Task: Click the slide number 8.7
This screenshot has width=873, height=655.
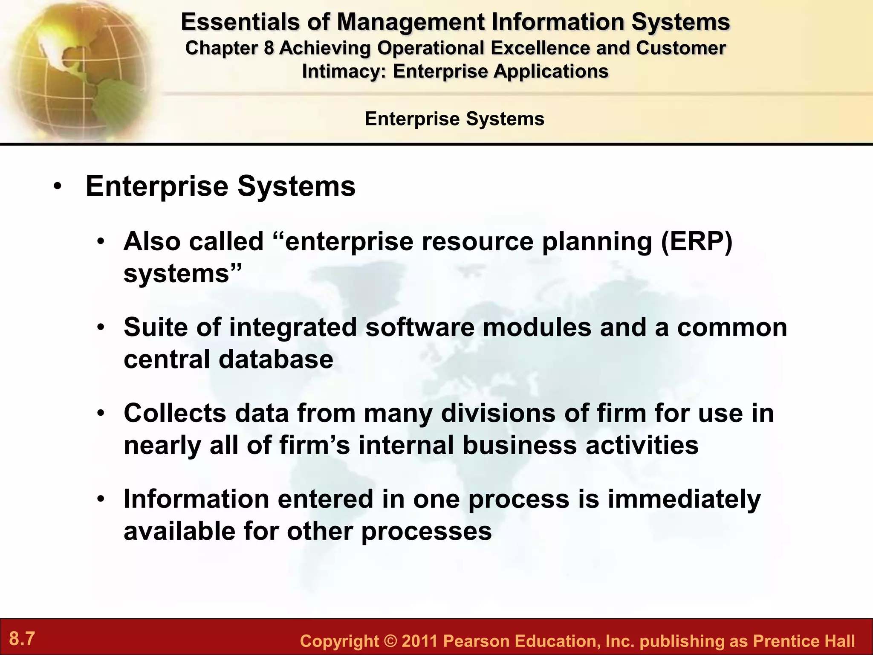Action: click(22, 639)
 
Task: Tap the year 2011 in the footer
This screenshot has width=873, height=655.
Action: click(419, 641)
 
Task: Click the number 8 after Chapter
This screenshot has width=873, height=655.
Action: click(269, 48)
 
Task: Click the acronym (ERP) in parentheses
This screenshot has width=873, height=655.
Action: click(697, 242)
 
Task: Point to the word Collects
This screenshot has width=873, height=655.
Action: click(175, 413)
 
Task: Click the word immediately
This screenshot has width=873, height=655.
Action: click(684, 499)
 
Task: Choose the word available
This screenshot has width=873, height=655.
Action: click(179, 531)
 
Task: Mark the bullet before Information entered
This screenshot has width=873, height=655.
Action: click(101, 499)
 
